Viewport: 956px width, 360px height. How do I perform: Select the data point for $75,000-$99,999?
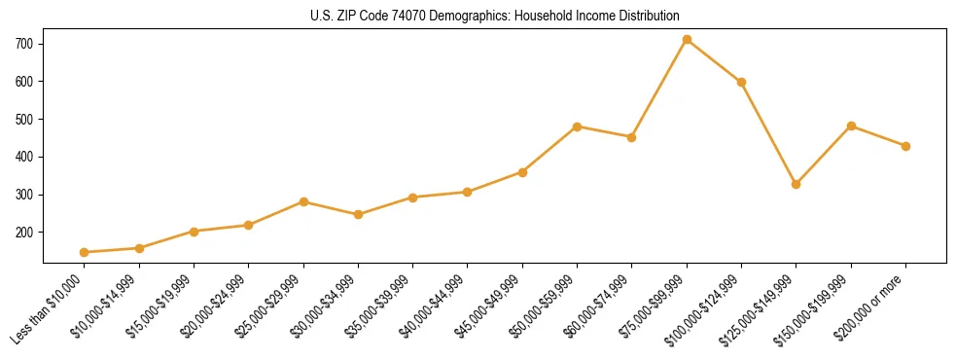coord(687,40)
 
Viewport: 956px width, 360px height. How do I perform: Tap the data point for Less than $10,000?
coord(85,252)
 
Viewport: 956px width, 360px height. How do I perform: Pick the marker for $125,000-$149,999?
coord(797,184)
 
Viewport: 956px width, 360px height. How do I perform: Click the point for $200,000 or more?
coord(905,146)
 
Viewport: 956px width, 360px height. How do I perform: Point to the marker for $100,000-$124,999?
coord(742,82)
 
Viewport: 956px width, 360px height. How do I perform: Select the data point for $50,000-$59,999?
coord(578,126)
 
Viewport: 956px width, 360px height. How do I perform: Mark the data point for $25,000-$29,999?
coord(303,201)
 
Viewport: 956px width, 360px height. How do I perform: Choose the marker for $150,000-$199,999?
coord(851,126)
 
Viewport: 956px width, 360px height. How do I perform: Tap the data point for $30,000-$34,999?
coord(359,214)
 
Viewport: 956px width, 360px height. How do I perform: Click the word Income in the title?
coord(594,16)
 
